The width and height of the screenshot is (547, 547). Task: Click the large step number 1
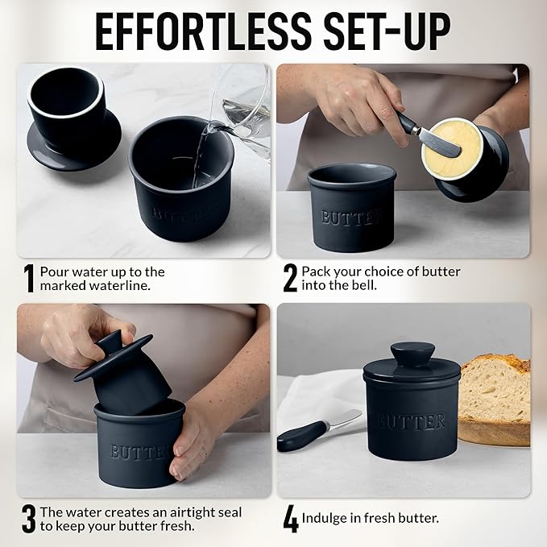tap(29, 279)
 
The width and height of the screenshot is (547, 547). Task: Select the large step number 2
tap(290, 279)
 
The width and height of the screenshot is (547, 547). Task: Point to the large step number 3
tap(29, 519)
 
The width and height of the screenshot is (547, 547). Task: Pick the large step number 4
tap(290, 519)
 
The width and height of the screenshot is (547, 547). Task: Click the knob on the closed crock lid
tap(412, 354)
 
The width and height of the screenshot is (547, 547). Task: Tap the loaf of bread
tap(494, 395)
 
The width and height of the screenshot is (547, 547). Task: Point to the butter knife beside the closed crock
tap(318, 432)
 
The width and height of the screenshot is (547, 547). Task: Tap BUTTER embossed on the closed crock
tap(412, 421)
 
